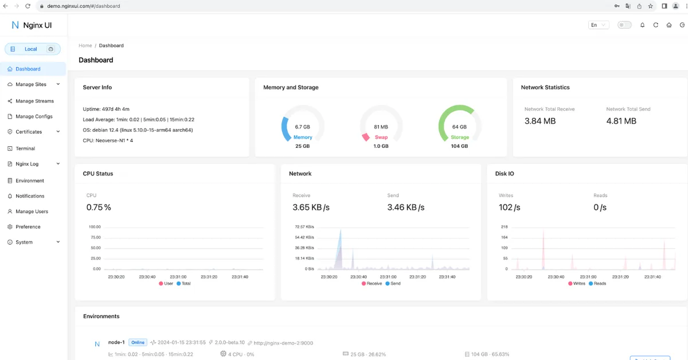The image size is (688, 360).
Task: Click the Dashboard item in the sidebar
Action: (x=28, y=69)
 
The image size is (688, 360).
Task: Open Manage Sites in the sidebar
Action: (x=31, y=84)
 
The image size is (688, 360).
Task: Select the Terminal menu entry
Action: (x=25, y=148)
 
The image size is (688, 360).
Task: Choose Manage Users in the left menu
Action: (x=32, y=212)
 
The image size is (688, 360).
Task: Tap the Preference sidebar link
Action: (x=28, y=227)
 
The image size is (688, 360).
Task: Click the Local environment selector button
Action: (x=32, y=49)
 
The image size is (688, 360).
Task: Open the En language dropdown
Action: (x=599, y=25)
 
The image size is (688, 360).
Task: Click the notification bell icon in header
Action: (x=642, y=25)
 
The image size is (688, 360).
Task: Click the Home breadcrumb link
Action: (x=85, y=45)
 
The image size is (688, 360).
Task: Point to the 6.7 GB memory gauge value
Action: (x=302, y=127)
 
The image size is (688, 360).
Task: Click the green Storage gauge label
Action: (x=459, y=138)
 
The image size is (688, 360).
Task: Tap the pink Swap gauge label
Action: (x=381, y=138)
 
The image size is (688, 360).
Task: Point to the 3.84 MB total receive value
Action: (x=540, y=121)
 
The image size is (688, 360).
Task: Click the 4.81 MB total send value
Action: (x=621, y=121)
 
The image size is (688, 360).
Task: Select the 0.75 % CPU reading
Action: (x=99, y=208)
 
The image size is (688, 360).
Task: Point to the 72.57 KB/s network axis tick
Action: (x=304, y=227)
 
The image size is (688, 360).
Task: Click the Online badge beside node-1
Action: (x=138, y=342)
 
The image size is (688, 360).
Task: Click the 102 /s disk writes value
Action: (x=509, y=208)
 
